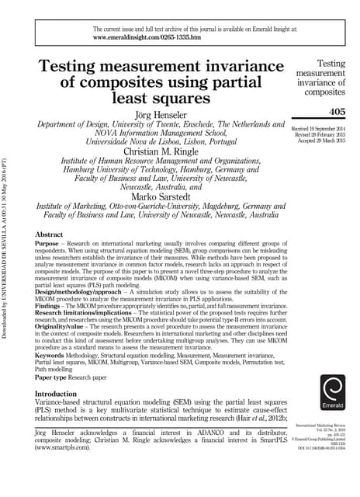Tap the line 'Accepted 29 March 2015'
click(328, 140)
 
